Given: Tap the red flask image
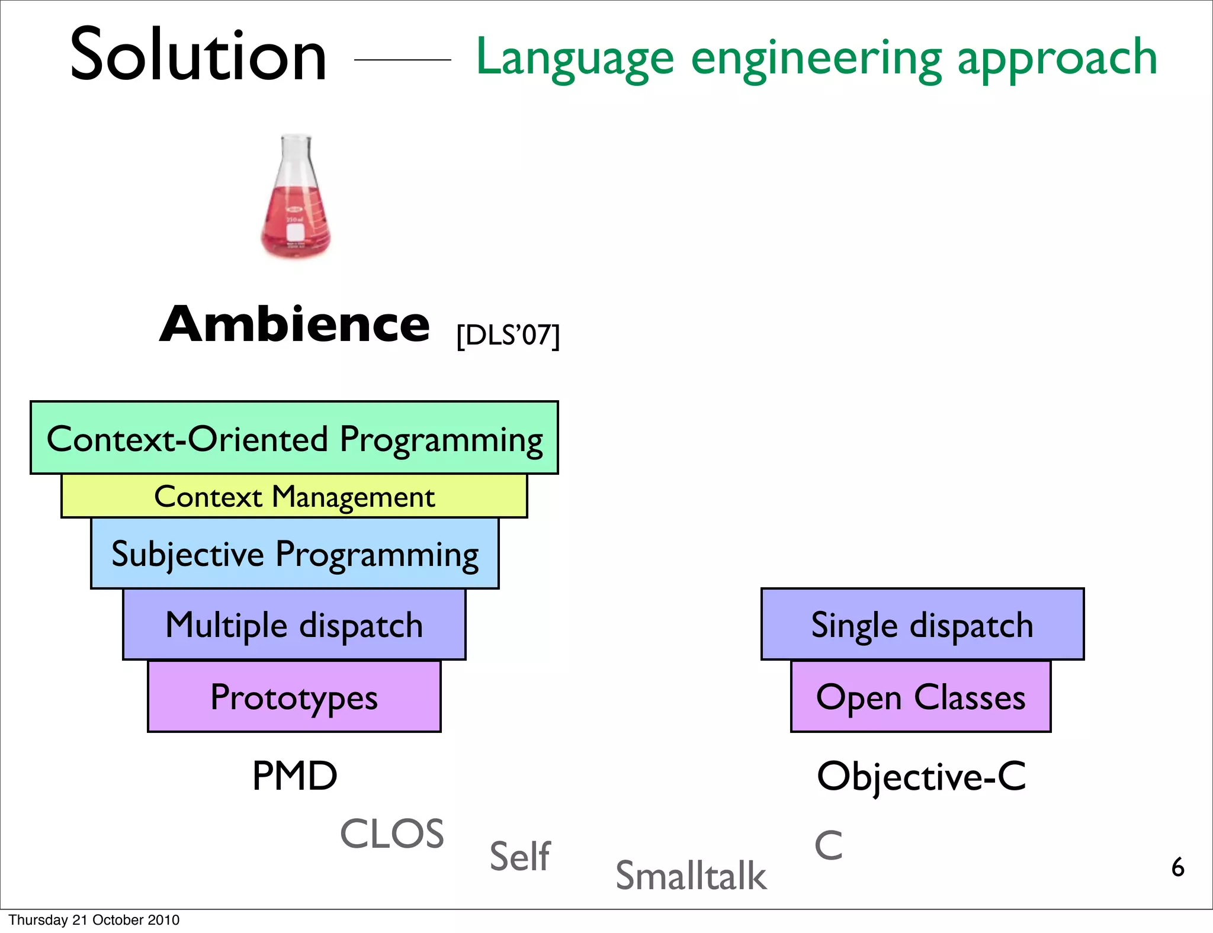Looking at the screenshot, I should click(x=296, y=198).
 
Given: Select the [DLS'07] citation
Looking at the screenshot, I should click(x=508, y=335).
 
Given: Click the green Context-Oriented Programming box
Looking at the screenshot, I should click(x=294, y=438).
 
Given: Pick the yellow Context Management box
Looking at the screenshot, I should click(x=294, y=496).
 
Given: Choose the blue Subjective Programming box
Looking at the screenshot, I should click(x=294, y=554).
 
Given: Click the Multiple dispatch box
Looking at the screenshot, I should click(x=294, y=625).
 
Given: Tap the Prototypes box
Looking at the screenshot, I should click(x=294, y=697).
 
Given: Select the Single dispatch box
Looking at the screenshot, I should click(x=922, y=625).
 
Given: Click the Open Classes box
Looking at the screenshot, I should click(x=920, y=697).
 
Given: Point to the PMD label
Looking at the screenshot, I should click(x=294, y=776).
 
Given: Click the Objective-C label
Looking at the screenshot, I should click(x=921, y=776).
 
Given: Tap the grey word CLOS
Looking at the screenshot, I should click(x=392, y=834).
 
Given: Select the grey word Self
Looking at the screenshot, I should click(x=520, y=856).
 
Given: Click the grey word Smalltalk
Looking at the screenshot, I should click(x=691, y=876).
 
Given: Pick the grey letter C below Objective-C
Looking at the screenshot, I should click(x=828, y=845).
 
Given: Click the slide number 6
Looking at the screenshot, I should click(x=1177, y=867).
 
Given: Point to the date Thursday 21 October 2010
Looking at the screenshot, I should click(x=94, y=920).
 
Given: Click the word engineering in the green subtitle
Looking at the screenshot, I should click(x=816, y=58).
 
